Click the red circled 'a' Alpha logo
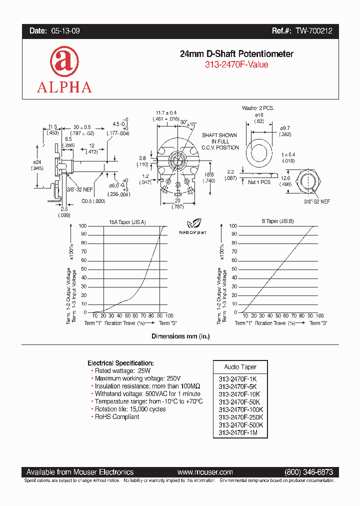pyautogui.click(x=64, y=61)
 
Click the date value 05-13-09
pyautogui.click(x=65, y=31)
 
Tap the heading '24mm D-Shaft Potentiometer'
pyautogui.click(x=236, y=54)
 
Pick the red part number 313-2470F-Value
pyautogui.click(x=236, y=65)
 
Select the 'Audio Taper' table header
pyautogui.click(x=240, y=367)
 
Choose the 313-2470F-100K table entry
pyautogui.click(x=240, y=409)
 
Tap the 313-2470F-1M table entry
pyautogui.click(x=238, y=432)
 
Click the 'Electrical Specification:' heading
pyautogui.click(x=120, y=363)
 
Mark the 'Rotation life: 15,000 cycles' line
pyautogui.click(x=130, y=409)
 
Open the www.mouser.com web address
pyautogui.click(x=205, y=472)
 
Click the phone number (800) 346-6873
pyautogui.click(x=308, y=472)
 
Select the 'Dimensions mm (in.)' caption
pyautogui.click(x=180, y=336)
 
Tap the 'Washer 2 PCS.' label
pyautogui.click(x=258, y=108)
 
